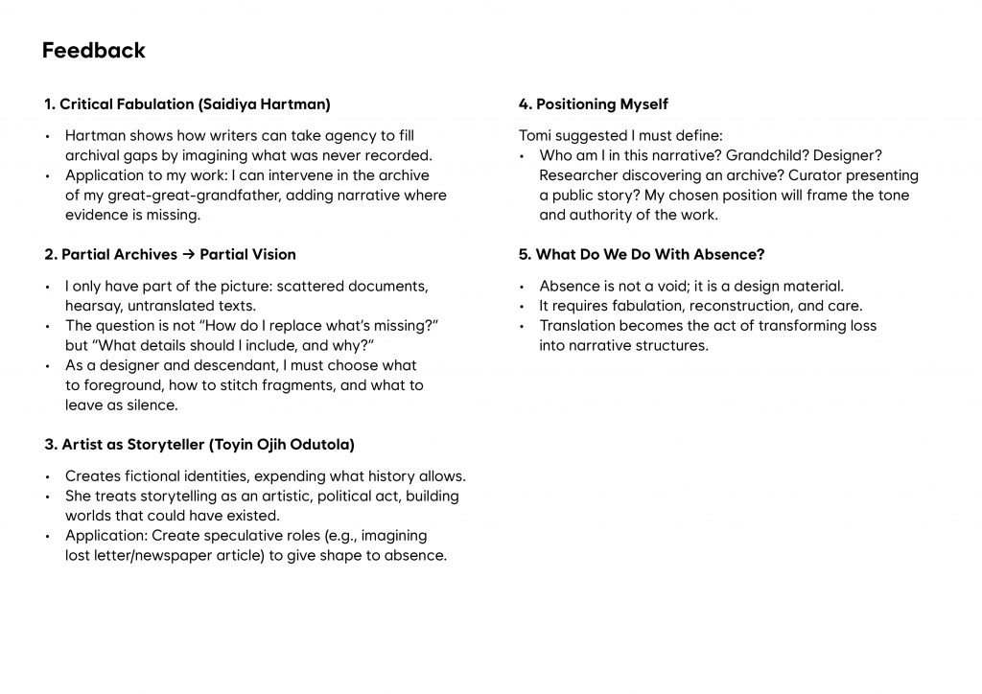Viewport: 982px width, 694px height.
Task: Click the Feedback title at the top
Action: (x=94, y=51)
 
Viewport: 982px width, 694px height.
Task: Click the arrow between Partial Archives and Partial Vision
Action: (x=188, y=254)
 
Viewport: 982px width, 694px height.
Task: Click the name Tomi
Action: (x=534, y=135)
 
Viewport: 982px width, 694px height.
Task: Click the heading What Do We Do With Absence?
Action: (x=641, y=254)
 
